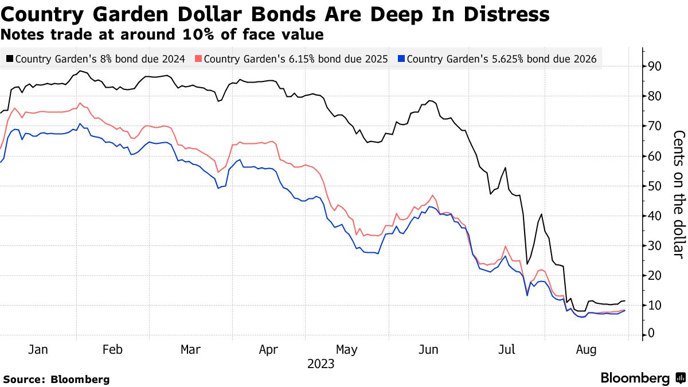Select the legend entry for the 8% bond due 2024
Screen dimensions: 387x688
click(96, 58)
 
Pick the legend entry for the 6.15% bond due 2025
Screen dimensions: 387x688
click(292, 58)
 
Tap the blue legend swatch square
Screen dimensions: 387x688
click(401, 58)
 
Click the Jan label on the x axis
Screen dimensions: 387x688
click(38, 349)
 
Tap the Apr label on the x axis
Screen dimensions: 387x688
click(268, 349)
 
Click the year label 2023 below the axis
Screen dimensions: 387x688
click(321, 364)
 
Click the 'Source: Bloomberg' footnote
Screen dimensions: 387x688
click(56, 379)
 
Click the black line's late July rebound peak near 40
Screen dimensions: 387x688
click(541, 214)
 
